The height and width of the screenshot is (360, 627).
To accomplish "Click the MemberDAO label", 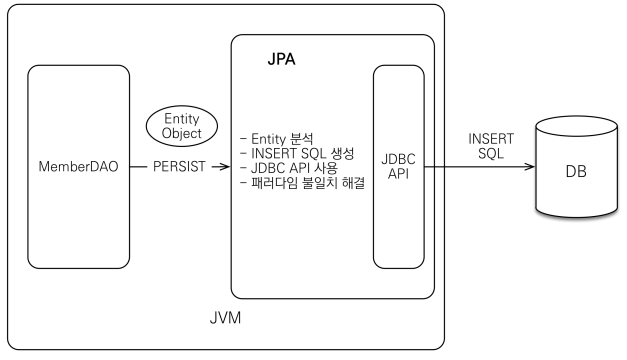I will [77, 167].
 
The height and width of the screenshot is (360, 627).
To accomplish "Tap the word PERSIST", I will [178, 167].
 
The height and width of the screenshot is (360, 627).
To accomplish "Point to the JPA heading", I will [282, 60].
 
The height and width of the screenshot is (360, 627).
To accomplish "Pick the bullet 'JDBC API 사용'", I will [291, 167].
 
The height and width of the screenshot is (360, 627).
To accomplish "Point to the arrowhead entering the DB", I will [532, 167].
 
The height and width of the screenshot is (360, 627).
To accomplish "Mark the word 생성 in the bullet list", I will [341, 152].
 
